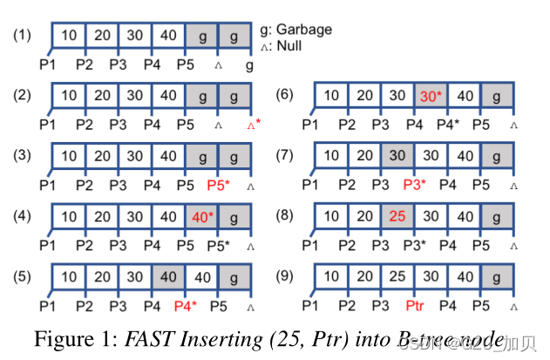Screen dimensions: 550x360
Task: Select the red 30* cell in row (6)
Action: pos(431,95)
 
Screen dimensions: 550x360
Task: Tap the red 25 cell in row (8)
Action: pos(396,214)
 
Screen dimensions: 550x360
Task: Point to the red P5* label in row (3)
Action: pos(217,186)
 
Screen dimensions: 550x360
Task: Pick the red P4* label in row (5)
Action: pos(186,306)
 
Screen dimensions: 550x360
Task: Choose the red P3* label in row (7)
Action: pos(414,186)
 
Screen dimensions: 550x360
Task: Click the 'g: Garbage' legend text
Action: pos(295,30)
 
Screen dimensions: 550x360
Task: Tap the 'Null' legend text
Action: pos(291,45)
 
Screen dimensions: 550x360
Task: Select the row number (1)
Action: pos(22,36)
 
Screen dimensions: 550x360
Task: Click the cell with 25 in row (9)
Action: pos(396,276)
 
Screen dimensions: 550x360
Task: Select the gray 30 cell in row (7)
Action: pos(396,155)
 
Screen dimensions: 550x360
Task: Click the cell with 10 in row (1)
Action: pos(70,36)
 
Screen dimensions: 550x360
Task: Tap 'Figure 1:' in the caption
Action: pos(87,337)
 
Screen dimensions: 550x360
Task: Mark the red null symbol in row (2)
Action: pos(253,126)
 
